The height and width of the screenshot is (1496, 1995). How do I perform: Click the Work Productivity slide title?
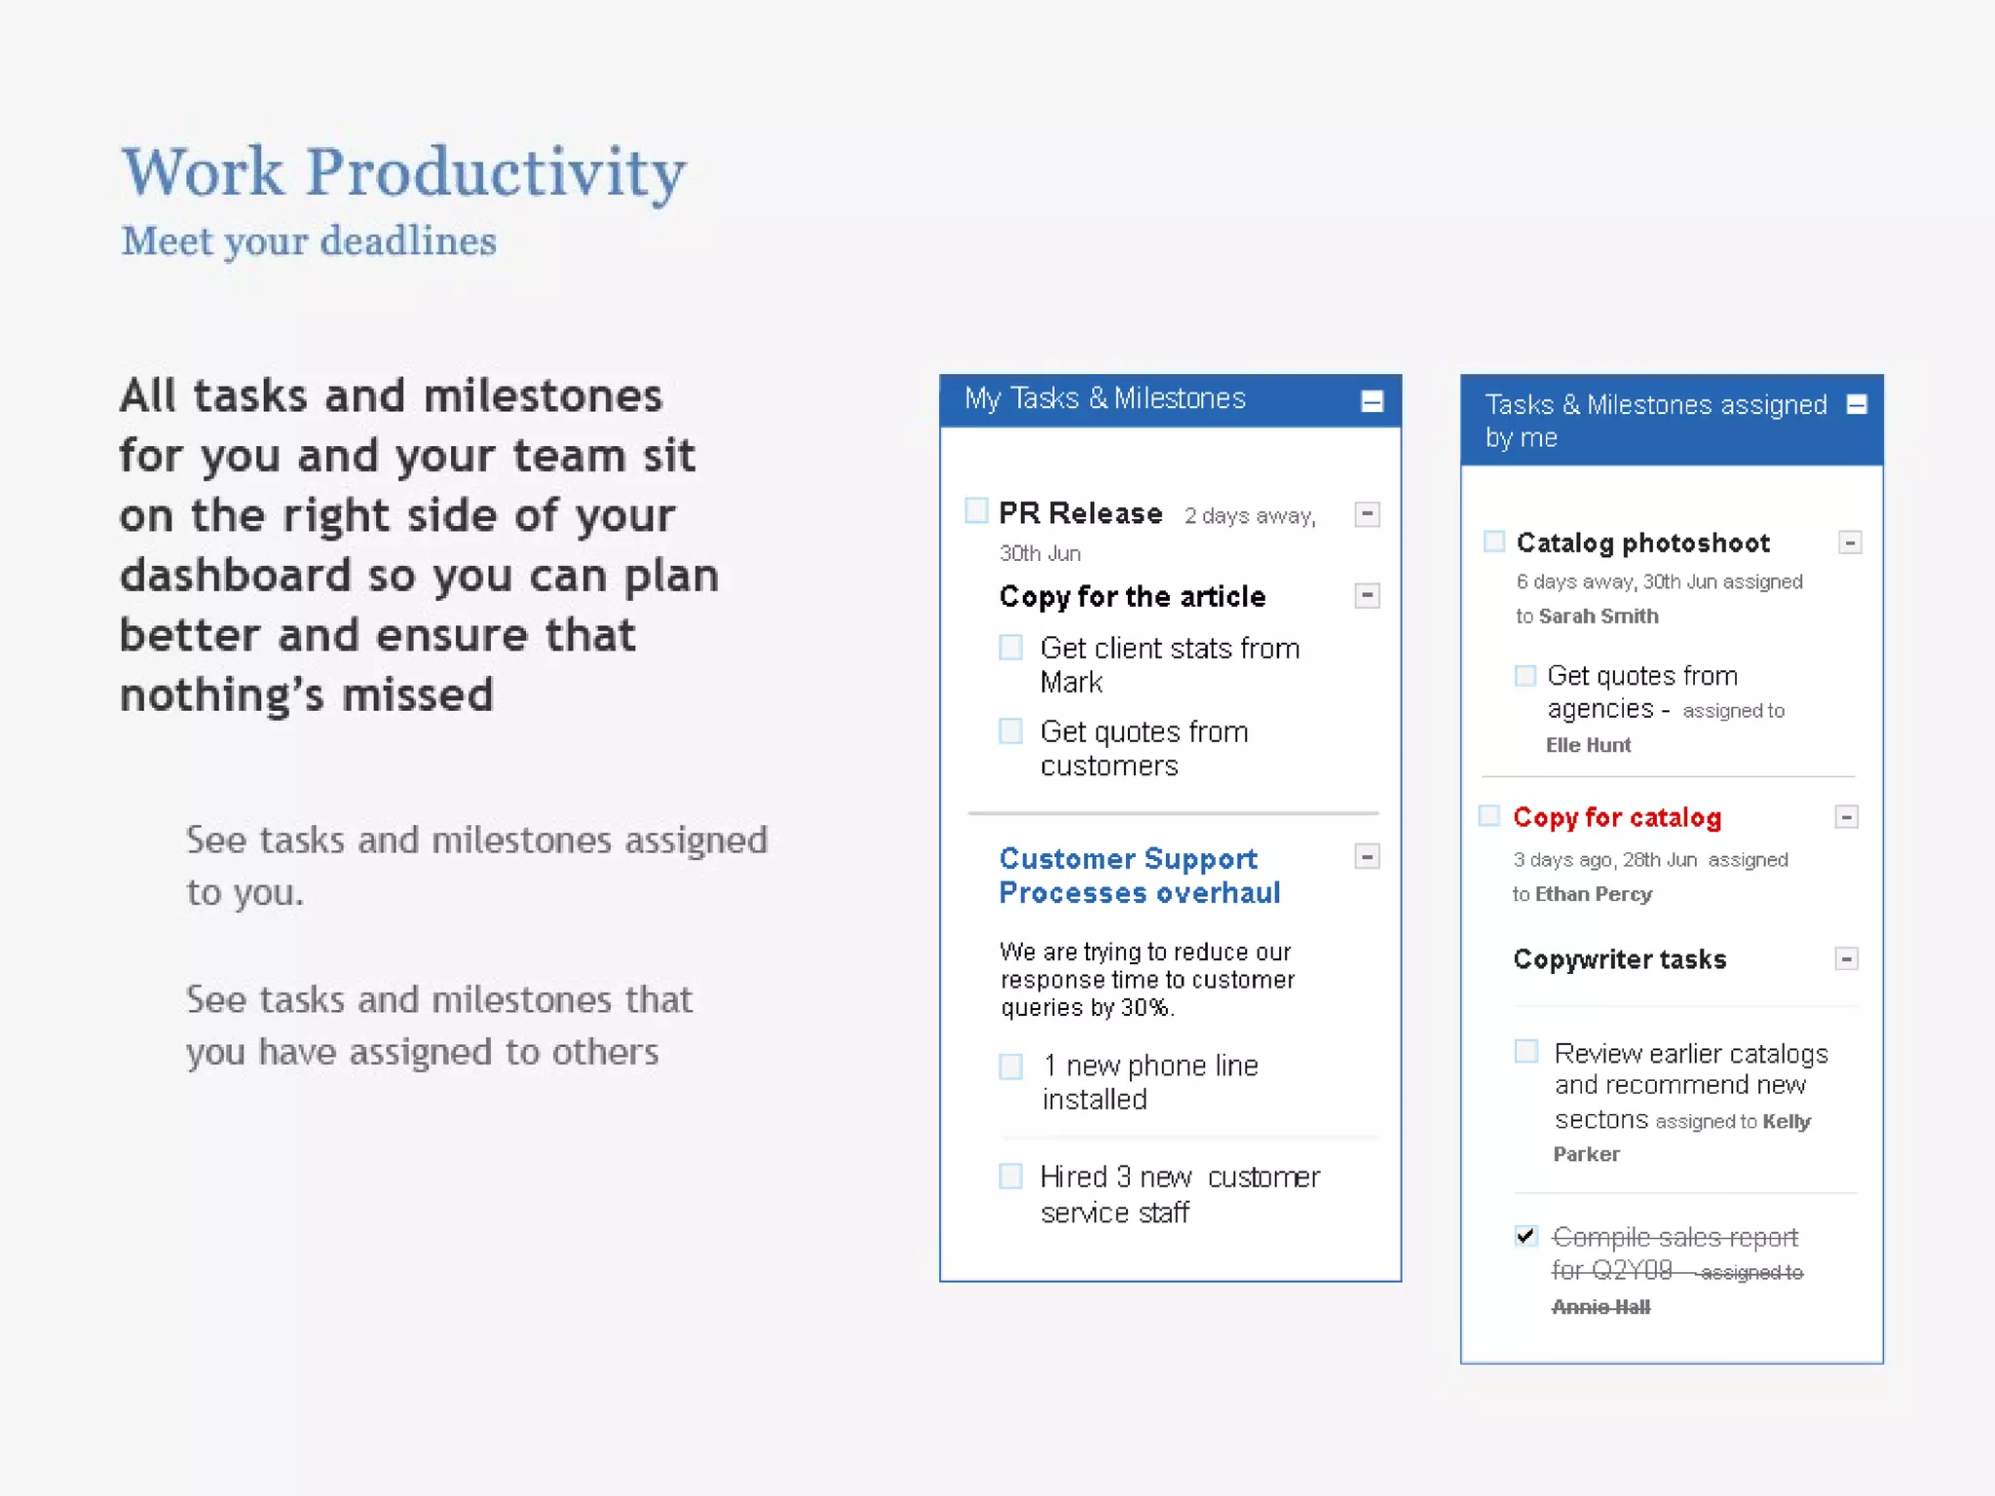coord(403,172)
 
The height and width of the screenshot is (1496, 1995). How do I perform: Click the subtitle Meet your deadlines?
coord(309,241)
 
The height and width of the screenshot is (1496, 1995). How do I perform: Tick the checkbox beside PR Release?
coord(976,510)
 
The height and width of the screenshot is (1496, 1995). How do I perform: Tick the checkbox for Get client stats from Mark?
coord(1011,648)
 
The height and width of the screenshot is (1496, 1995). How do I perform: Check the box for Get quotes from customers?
coord(1011,731)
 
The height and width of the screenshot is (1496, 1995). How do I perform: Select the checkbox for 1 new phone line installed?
coord(1011,1066)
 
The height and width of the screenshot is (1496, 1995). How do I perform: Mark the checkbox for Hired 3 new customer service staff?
coord(1011,1177)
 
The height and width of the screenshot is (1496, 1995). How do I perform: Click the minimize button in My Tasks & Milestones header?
coord(1372,401)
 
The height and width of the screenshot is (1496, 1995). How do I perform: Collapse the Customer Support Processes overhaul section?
coord(1367,857)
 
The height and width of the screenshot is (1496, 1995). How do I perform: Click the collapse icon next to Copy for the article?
coord(1367,595)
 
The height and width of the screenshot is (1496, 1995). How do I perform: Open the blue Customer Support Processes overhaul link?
coord(1139,876)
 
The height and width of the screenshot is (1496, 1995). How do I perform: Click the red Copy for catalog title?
coord(1617,817)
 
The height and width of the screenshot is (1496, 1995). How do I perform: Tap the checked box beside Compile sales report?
coord(1526,1236)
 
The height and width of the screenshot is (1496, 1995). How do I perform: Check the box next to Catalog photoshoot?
coord(1494,542)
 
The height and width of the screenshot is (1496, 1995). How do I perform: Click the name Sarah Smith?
coord(1599,616)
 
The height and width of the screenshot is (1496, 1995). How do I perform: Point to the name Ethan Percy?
coord(1594,894)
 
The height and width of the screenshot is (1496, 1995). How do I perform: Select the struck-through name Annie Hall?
coord(1600,1307)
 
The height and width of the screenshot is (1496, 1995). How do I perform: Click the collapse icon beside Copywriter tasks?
coord(1846,959)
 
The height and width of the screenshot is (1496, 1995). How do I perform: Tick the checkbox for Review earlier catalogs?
coord(1526,1052)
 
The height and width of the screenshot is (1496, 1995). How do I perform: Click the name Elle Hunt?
coord(1588,745)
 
